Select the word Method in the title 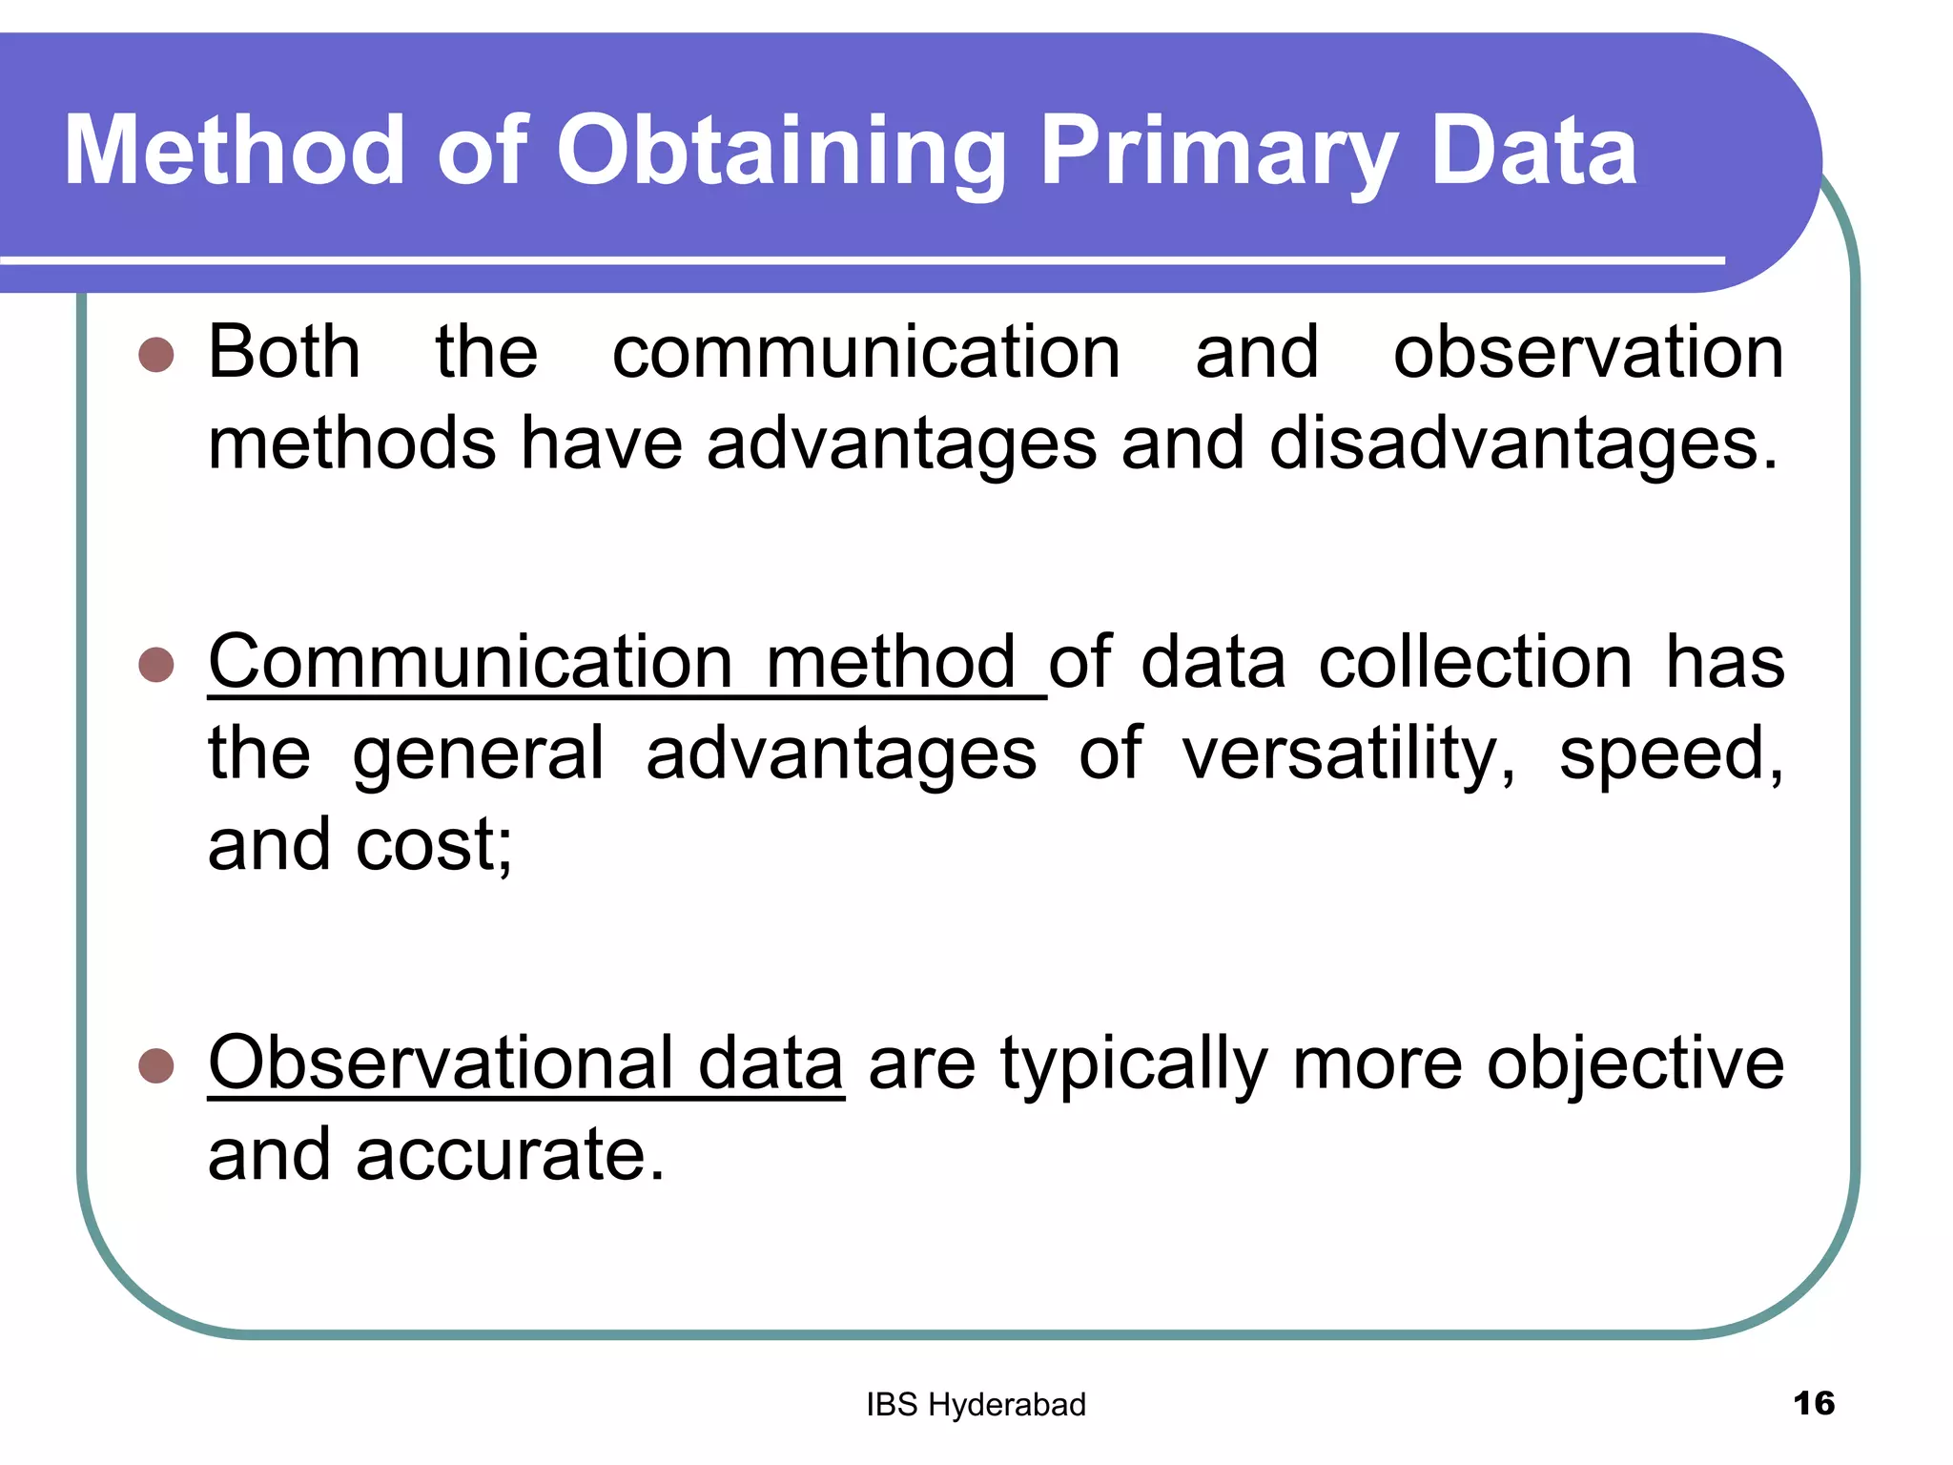point(235,151)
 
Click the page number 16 point(1813,1403)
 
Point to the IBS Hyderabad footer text point(976,1405)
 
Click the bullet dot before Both point(156,355)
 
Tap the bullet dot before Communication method point(156,665)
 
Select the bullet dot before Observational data point(156,1065)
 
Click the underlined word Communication point(470,662)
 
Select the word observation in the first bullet point(1588,353)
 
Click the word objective point(1634,1064)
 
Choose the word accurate point(509,1155)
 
